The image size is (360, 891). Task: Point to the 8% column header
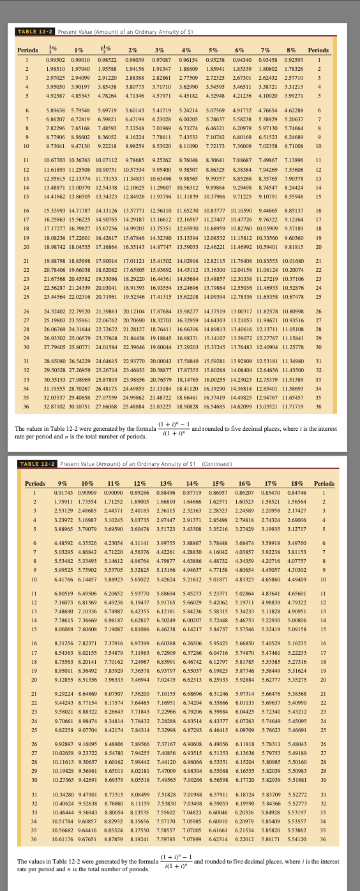point(296,50)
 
